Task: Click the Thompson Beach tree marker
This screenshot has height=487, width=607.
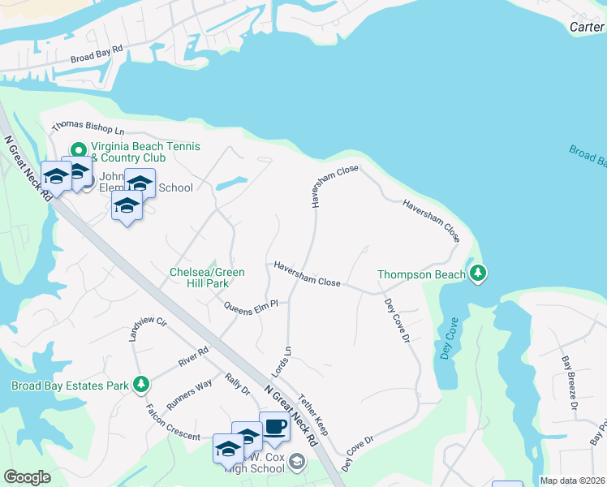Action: pyautogui.click(x=479, y=274)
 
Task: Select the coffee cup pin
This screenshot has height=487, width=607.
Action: pyautogui.click(x=274, y=427)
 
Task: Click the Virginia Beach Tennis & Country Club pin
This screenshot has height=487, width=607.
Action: pyautogui.click(x=79, y=150)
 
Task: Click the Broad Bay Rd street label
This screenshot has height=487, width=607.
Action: pyautogui.click(x=96, y=54)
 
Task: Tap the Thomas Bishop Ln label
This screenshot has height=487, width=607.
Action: pyautogui.click(x=88, y=128)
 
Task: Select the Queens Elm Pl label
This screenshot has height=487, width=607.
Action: pyautogui.click(x=251, y=306)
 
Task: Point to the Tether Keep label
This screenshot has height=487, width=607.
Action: pyautogui.click(x=312, y=415)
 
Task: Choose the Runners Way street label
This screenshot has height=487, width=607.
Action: pyautogui.click(x=189, y=393)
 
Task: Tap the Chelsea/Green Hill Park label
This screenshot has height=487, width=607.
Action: pyautogui.click(x=206, y=277)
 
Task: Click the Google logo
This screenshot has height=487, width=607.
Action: pyautogui.click(x=27, y=477)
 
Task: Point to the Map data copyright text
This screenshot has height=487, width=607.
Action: pyautogui.click(x=571, y=481)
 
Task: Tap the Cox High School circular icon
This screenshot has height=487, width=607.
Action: pyautogui.click(x=298, y=463)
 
